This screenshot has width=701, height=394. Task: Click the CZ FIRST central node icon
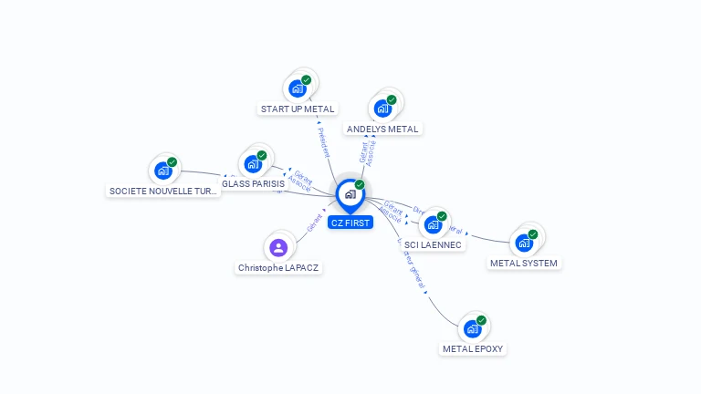350,194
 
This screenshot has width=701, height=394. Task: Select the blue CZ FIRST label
350,223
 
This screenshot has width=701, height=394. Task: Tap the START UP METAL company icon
297,88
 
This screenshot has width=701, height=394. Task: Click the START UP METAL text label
298,109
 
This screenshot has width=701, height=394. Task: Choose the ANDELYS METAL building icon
382,109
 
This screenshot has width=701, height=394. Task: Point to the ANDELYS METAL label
382,130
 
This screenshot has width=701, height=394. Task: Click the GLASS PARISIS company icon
253,164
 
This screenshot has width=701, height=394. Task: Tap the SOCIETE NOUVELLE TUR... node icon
162,171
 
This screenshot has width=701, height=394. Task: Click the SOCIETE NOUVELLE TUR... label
163,192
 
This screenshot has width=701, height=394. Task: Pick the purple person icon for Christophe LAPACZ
278,247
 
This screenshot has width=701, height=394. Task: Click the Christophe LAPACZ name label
278,268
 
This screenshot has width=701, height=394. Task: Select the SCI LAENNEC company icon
433,224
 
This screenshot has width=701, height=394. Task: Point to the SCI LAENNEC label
434,244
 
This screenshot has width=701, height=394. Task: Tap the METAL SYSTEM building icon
524,243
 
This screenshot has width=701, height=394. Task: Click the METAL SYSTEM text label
524,264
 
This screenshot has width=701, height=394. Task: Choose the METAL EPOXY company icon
472,328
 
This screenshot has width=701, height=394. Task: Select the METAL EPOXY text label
473,349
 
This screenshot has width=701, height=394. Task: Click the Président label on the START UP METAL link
322,142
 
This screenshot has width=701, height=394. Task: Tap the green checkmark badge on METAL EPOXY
481,320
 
